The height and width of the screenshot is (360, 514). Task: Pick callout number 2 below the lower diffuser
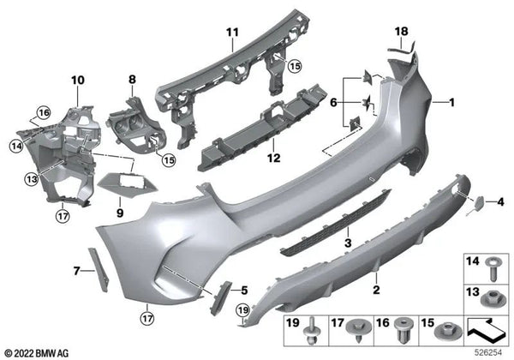(375, 291)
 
